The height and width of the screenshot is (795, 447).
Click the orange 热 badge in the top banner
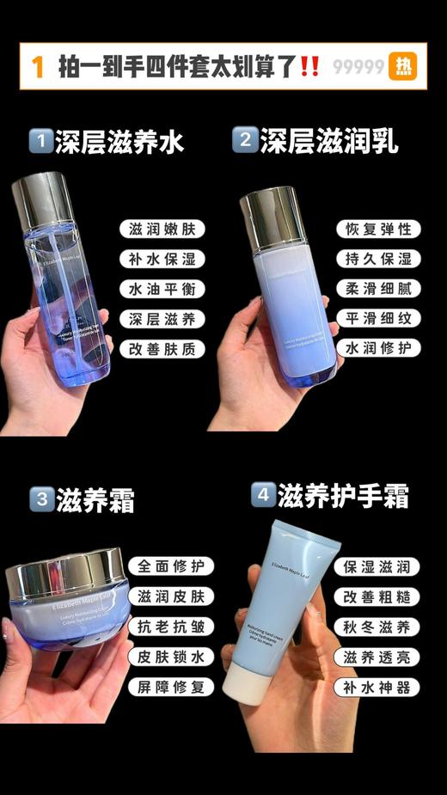click(x=402, y=66)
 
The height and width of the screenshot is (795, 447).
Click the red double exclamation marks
click(x=310, y=67)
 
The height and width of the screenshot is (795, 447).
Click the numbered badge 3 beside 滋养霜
click(x=40, y=498)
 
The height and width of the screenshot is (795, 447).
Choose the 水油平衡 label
click(x=162, y=289)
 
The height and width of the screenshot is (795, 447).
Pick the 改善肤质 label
click(x=162, y=349)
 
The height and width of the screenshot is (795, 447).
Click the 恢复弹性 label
click(x=378, y=229)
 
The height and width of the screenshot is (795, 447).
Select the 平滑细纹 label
click(x=378, y=319)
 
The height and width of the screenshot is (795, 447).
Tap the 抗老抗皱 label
click(x=170, y=627)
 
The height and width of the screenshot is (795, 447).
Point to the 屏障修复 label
click(x=170, y=687)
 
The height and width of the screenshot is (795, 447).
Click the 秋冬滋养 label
click(x=377, y=627)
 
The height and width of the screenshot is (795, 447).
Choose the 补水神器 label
click(x=377, y=687)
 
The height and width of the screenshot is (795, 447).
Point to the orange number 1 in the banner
click(x=37, y=67)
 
